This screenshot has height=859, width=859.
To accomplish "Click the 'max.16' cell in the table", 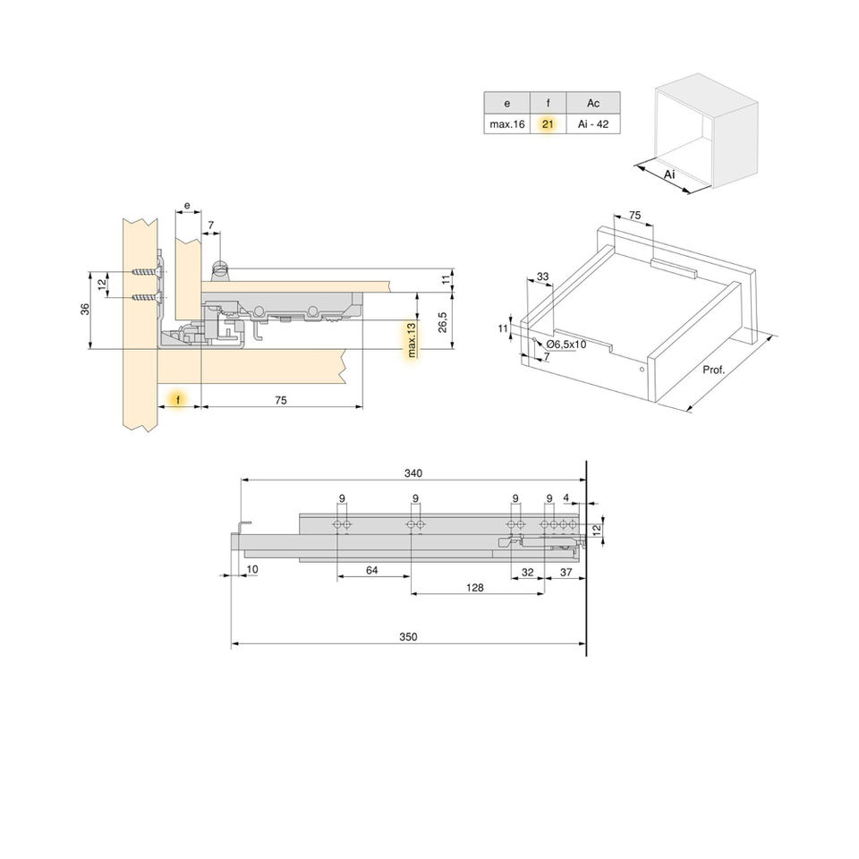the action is [x=506, y=124].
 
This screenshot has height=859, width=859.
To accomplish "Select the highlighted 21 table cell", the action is [x=548, y=124].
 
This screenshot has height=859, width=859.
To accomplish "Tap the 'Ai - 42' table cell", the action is [x=593, y=124].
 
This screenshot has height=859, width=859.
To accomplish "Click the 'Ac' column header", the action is [x=593, y=103].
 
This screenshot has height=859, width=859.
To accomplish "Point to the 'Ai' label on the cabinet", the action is [x=669, y=174].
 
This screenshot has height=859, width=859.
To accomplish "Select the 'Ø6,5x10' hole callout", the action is [x=566, y=344].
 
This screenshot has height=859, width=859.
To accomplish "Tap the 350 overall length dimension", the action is [x=408, y=637].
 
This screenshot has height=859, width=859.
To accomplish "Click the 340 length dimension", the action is [x=412, y=473].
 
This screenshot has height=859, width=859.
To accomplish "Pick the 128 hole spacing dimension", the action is [x=476, y=587].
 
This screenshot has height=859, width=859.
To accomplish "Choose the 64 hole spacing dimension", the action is [x=372, y=570].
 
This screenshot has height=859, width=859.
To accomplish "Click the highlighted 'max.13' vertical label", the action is [x=412, y=340].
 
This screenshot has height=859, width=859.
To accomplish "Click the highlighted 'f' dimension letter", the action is [x=179, y=398].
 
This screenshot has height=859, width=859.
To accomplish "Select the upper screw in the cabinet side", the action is [x=144, y=271].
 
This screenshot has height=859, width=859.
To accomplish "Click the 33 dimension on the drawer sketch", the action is [x=542, y=276].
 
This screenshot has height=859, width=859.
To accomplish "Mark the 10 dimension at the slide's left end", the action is [x=252, y=569].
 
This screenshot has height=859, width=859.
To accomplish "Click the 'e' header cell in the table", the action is [x=506, y=103].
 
